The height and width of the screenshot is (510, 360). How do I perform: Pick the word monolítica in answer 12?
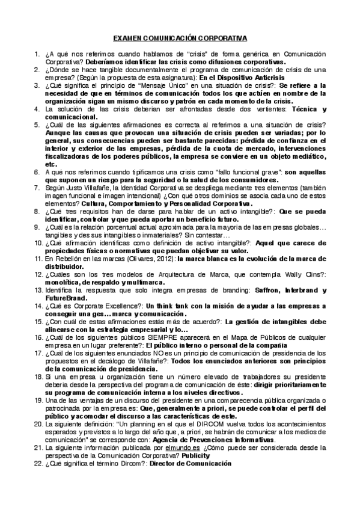(x=65, y=280)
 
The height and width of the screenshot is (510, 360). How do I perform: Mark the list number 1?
(x=37, y=54)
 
